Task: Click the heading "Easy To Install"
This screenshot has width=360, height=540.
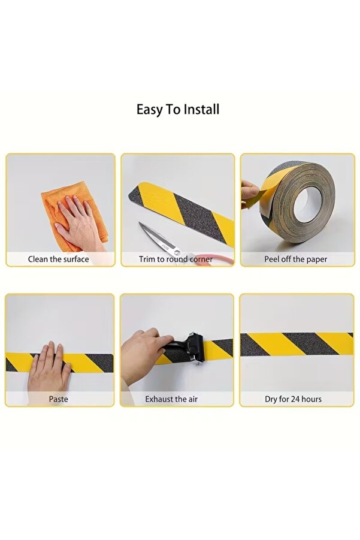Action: pos(178,110)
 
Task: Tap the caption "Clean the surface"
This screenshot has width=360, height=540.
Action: pos(59,259)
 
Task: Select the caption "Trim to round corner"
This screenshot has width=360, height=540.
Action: pos(176,259)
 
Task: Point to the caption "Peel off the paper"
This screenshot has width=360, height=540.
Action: pos(296,259)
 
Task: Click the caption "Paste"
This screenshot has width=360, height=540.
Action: pos(59,399)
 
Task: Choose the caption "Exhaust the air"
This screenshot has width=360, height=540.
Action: pos(171,399)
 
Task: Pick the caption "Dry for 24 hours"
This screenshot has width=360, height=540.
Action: pos(294,399)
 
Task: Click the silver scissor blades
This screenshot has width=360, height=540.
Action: pos(159,239)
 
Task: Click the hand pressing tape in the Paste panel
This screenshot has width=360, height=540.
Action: pos(49,370)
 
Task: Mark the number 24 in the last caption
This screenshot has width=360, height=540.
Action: pos(295,399)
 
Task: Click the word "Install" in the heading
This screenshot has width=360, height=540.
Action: pos(201,110)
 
